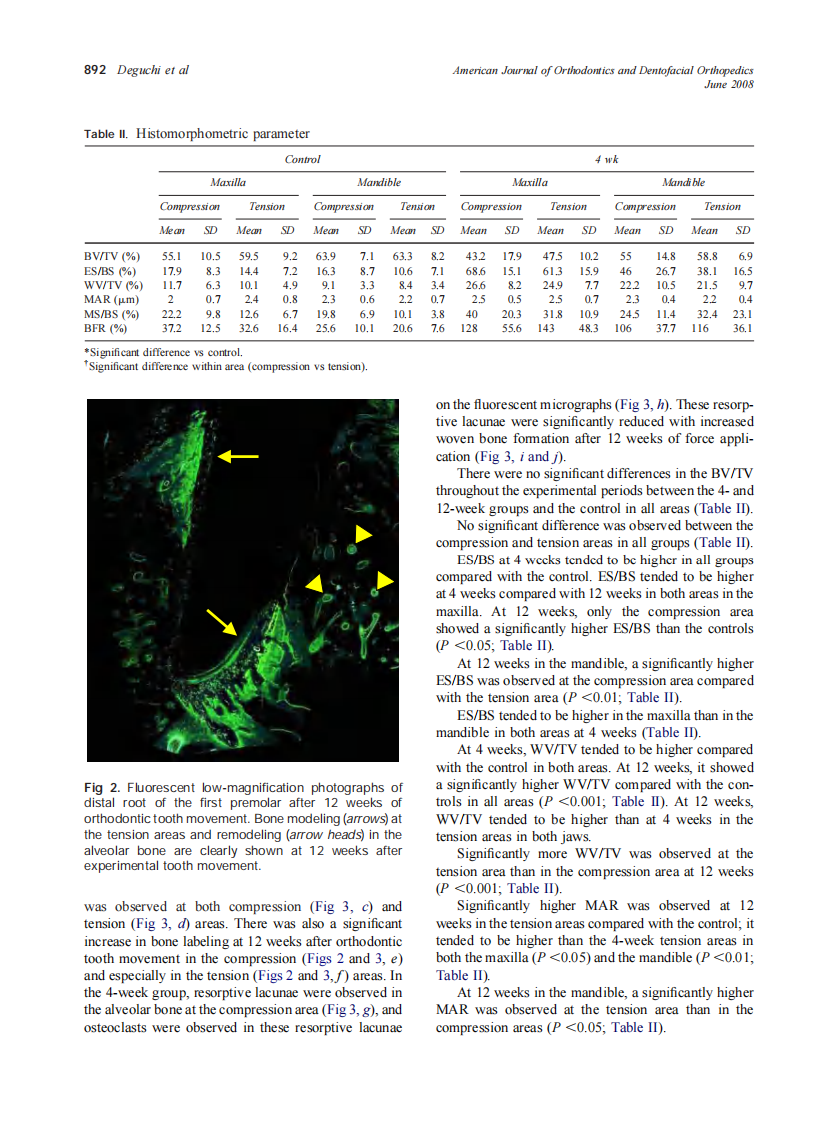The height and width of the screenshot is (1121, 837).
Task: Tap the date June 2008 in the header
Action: [x=729, y=84]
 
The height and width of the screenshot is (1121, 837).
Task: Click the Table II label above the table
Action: [x=105, y=134]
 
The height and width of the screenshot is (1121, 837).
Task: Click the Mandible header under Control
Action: [x=379, y=183]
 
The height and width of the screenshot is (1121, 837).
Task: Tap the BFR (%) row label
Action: [x=107, y=328]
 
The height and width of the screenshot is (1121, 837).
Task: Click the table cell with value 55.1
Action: [x=173, y=256]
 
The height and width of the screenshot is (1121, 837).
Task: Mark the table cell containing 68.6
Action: [x=474, y=271]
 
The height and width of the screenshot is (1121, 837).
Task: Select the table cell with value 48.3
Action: [x=589, y=328]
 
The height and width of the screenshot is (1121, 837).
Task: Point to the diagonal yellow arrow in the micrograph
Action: [x=223, y=621]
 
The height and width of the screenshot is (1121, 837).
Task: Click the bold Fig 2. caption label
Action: [x=103, y=787]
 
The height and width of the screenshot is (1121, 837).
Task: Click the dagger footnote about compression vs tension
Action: [x=228, y=365]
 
